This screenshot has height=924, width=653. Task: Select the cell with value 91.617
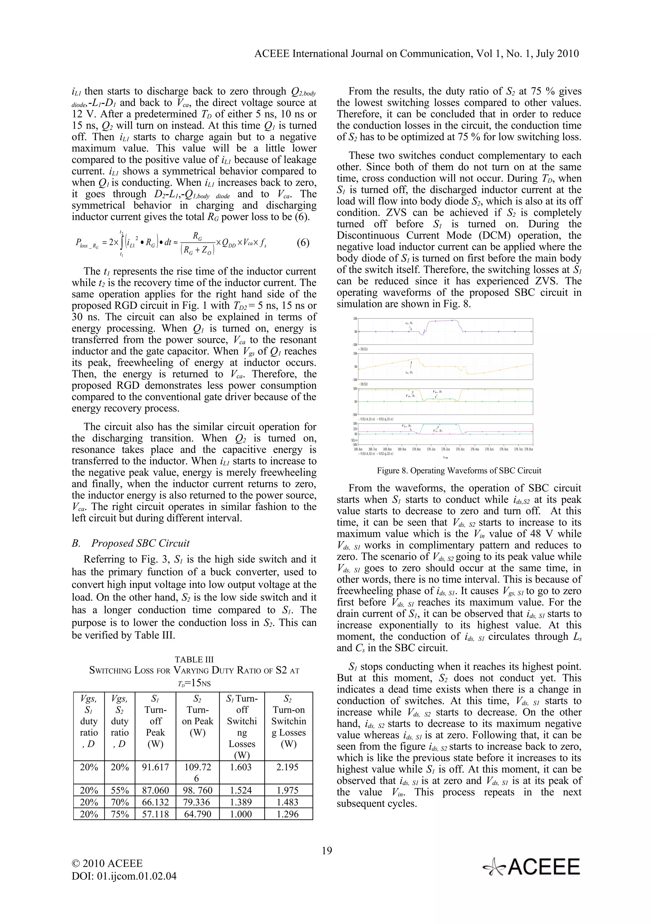[x=156, y=766]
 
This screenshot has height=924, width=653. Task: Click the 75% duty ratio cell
[x=120, y=814]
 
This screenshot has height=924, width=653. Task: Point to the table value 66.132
[x=156, y=802]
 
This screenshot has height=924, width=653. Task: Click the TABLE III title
[x=194, y=659]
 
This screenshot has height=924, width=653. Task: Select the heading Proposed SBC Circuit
[x=140, y=543]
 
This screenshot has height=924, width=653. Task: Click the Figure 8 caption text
[x=459, y=471]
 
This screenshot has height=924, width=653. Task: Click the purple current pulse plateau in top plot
[x=443, y=321]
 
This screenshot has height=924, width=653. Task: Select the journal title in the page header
[x=416, y=54]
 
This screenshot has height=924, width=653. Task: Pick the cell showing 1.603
[x=242, y=766]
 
